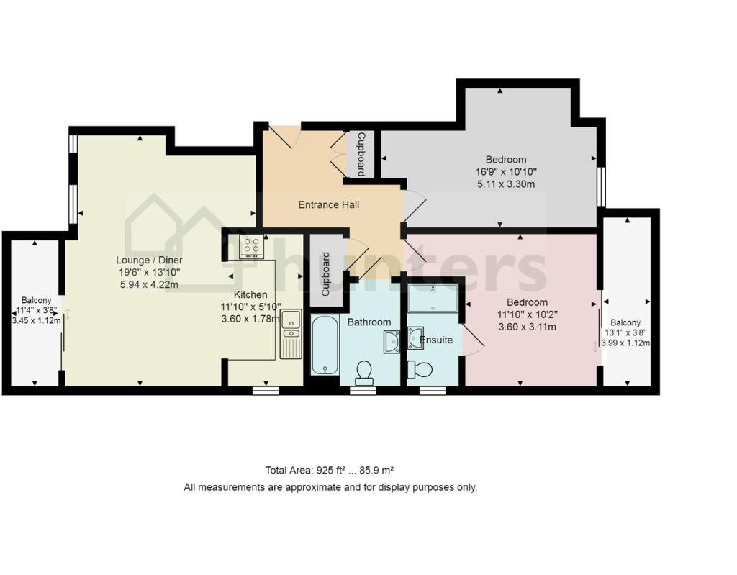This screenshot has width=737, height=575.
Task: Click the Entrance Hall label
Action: click(x=329, y=205)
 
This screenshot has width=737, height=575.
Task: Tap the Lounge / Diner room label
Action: click(x=150, y=260)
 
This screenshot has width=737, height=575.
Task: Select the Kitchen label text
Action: click(x=250, y=294)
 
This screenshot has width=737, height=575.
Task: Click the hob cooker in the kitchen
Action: click(x=251, y=246)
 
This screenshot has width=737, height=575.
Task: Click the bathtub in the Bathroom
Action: click(x=325, y=345)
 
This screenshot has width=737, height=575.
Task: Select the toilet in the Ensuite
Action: click(x=420, y=370)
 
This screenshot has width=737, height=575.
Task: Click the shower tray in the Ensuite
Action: click(x=432, y=298)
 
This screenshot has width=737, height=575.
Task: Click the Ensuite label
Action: click(x=436, y=340)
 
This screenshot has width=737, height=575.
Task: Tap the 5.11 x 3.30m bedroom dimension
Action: click(x=505, y=184)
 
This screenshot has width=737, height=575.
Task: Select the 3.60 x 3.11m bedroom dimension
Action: click(x=527, y=327)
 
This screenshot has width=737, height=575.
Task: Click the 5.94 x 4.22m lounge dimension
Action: click(x=150, y=284)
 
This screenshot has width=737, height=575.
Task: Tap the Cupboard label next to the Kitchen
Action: click(x=326, y=274)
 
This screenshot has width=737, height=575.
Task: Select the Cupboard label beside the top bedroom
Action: click(x=361, y=154)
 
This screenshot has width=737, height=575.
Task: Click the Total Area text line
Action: click(x=330, y=471)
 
